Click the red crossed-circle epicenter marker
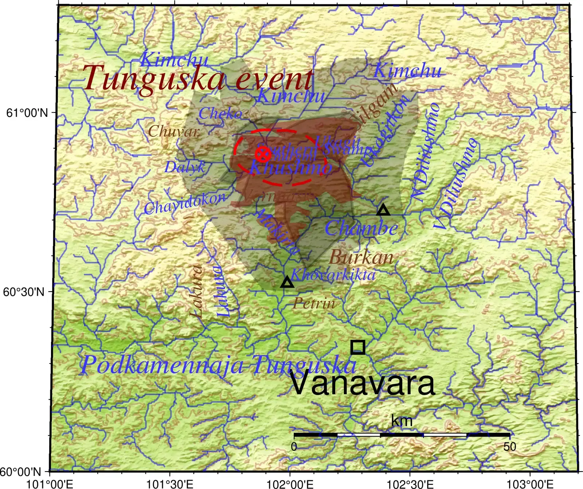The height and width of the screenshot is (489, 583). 263,154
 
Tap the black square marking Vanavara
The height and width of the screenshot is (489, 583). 358,347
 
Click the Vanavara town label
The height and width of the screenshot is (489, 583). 363,383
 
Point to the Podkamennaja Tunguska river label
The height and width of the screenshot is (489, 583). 218,364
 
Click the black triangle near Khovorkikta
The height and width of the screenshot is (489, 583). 287,282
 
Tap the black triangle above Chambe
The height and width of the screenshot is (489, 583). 383,210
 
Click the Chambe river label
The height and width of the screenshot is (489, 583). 361,228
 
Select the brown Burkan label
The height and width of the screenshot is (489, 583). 361,257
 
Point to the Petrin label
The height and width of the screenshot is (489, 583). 314,303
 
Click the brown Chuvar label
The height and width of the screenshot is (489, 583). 174,131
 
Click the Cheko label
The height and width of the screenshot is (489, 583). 220,114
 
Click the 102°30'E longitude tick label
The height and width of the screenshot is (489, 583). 410,484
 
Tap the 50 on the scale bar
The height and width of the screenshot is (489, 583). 510,446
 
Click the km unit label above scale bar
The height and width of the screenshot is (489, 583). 402,421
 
